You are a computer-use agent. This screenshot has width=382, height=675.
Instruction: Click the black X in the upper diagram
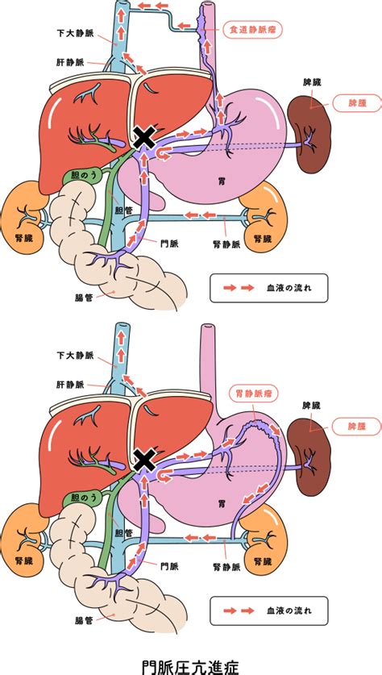[145, 137]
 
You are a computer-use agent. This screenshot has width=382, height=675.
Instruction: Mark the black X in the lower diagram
[145, 460]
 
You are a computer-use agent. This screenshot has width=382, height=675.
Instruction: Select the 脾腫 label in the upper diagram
[357, 103]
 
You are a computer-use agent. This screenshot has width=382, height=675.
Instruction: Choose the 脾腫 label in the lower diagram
[357, 426]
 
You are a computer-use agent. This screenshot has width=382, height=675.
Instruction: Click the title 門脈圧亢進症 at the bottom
[190, 665]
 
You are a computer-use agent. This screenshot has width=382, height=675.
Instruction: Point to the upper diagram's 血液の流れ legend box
[269, 288]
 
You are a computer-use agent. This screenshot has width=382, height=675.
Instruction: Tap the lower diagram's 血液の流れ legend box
[269, 610]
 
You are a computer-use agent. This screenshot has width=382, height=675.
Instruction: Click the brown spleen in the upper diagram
[309, 134]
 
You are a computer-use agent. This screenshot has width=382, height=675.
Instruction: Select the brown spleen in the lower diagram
[309, 456]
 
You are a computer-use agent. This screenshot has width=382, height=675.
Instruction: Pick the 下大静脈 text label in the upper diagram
[75, 33]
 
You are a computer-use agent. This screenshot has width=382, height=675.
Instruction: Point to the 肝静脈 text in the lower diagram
[69, 385]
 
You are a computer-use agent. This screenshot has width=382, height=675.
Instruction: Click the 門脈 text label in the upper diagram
[168, 244]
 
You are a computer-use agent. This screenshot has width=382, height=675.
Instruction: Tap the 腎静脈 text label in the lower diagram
[226, 568]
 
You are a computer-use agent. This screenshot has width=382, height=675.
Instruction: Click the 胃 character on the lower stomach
[221, 502]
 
